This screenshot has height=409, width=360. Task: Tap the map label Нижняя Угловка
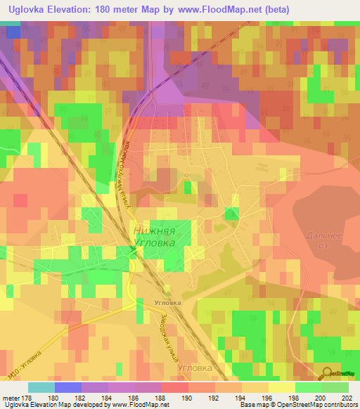click(x=161, y=235)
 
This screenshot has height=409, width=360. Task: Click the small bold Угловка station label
click(x=167, y=303)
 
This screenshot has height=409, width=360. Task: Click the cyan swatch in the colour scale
click(x=41, y=387)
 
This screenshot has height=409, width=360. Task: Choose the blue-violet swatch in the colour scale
click(x=68, y=387)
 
